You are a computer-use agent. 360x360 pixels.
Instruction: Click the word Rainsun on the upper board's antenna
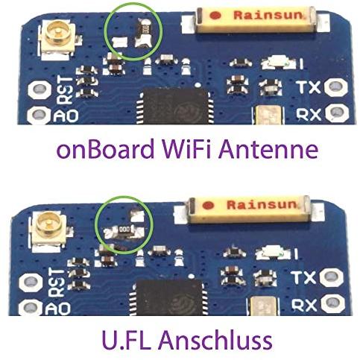[268, 16]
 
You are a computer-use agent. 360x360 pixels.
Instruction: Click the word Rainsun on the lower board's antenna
[262, 205]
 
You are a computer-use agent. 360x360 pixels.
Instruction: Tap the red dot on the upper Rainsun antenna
[215, 16]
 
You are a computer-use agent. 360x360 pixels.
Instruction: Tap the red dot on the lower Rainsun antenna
[208, 205]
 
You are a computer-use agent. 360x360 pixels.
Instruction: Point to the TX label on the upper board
[309, 86]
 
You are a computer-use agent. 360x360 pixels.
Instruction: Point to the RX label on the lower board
[304, 305]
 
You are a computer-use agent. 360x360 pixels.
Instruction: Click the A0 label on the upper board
[66, 116]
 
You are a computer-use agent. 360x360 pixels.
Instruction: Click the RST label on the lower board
[58, 282]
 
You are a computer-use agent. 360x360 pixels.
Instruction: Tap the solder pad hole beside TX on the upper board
[338, 87]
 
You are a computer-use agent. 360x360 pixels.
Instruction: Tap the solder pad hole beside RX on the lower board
[332, 303]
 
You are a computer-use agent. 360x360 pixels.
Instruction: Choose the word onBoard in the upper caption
[106, 149]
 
